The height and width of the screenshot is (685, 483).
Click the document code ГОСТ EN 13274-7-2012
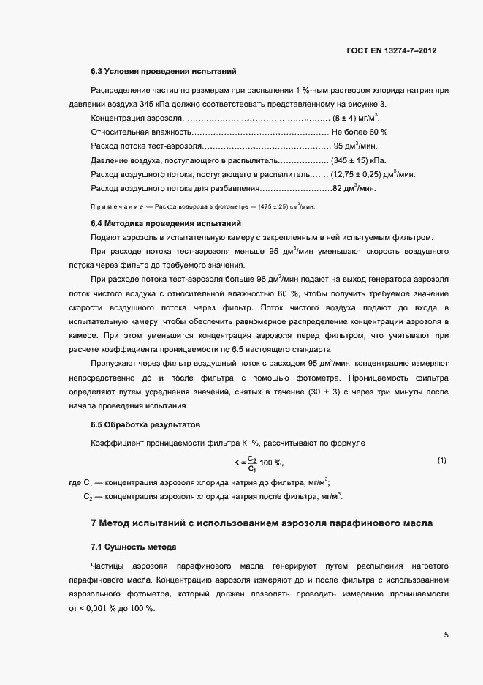[x=392, y=52]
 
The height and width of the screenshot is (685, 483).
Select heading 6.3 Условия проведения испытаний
[x=162, y=72]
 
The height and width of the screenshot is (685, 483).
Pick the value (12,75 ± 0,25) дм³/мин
[x=373, y=173]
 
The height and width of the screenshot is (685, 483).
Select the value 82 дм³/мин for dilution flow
[x=354, y=188]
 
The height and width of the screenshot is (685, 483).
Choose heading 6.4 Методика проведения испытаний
[x=164, y=222]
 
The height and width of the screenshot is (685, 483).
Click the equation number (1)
[x=441, y=460]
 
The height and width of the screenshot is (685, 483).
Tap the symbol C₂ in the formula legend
[x=87, y=496]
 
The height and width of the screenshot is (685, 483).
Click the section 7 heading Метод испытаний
[x=261, y=523]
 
